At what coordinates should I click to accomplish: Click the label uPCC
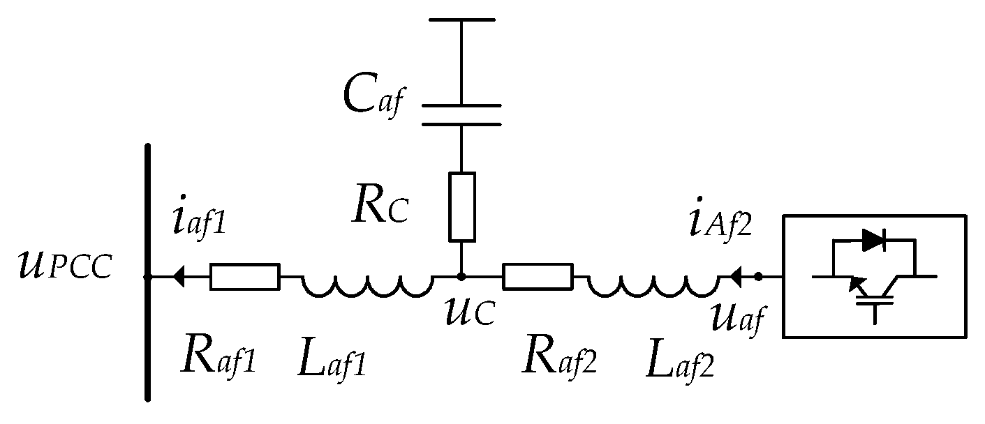(x=65, y=266)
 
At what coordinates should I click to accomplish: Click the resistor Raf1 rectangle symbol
(x=244, y=277)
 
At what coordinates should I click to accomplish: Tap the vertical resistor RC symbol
(x=461, y=206)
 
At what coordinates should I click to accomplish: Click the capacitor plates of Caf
(x=461, y=115)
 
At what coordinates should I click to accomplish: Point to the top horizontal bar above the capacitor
(x=461, y=20)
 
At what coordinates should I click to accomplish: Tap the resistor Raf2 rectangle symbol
(x=538, y=277)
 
